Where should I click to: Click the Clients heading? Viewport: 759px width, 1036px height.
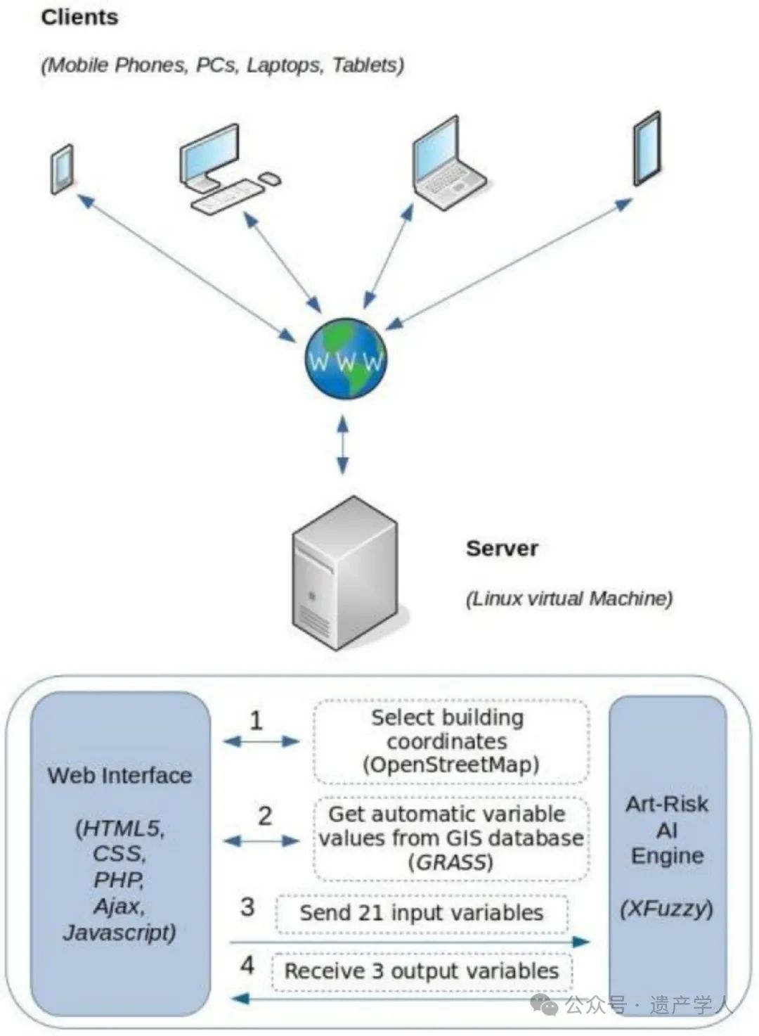[79, 18]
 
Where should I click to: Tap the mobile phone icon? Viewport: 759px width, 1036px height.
[62, 170]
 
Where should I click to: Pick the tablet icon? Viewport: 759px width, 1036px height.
[647, 148]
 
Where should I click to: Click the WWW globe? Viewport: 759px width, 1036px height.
[345, 357]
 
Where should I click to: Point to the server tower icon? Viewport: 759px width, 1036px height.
[345, 573]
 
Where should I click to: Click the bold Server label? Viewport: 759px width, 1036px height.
[502, 549]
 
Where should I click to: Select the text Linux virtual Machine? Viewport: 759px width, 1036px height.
[569, 599]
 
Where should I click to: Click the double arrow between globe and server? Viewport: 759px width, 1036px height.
[342, 445]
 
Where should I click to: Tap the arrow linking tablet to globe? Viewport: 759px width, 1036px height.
[509, 264]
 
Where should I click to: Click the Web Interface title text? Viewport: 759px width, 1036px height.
[119, 776]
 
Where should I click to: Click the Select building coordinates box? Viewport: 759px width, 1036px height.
[450, 742]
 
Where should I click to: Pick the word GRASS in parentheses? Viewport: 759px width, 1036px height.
[450, 862]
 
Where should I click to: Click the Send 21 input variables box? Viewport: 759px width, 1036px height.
[422, 914]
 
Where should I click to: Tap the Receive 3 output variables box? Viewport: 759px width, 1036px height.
[422, 971]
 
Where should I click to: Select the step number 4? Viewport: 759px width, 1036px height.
[247, 965]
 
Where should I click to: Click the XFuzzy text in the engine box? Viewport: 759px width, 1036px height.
[666, 909]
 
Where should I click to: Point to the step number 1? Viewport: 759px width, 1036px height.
[256, 721]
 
